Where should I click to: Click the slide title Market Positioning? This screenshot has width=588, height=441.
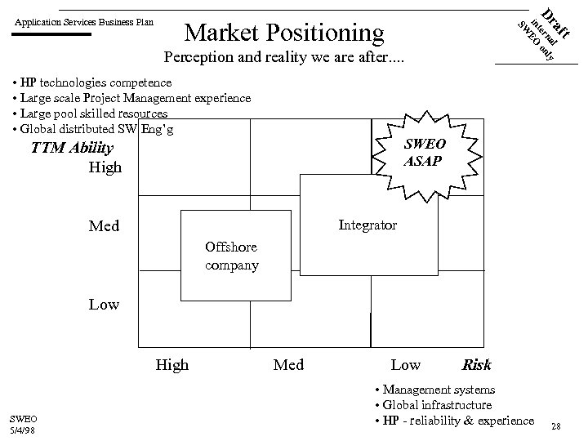pos(284,32)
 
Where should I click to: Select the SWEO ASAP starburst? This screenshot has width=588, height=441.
pos(422,151)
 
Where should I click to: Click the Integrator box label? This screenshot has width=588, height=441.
pos(367,225)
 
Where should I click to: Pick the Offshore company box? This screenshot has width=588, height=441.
pos(233,256)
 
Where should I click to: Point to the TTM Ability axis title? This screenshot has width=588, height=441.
pos(71,148)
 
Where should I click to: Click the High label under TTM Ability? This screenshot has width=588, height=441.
pos(105,167)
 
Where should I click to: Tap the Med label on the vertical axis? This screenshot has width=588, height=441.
pos(104,226)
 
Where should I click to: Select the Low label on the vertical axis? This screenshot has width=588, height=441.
pos(104,305)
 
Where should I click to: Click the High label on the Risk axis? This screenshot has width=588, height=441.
pos(171,365)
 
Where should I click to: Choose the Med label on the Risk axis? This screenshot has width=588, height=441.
pos(288,365)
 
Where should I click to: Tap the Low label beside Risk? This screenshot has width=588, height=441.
pos(406,365)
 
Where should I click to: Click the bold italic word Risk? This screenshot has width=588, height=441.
pos(476,365)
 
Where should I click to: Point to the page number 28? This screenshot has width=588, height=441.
pos(555,426)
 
